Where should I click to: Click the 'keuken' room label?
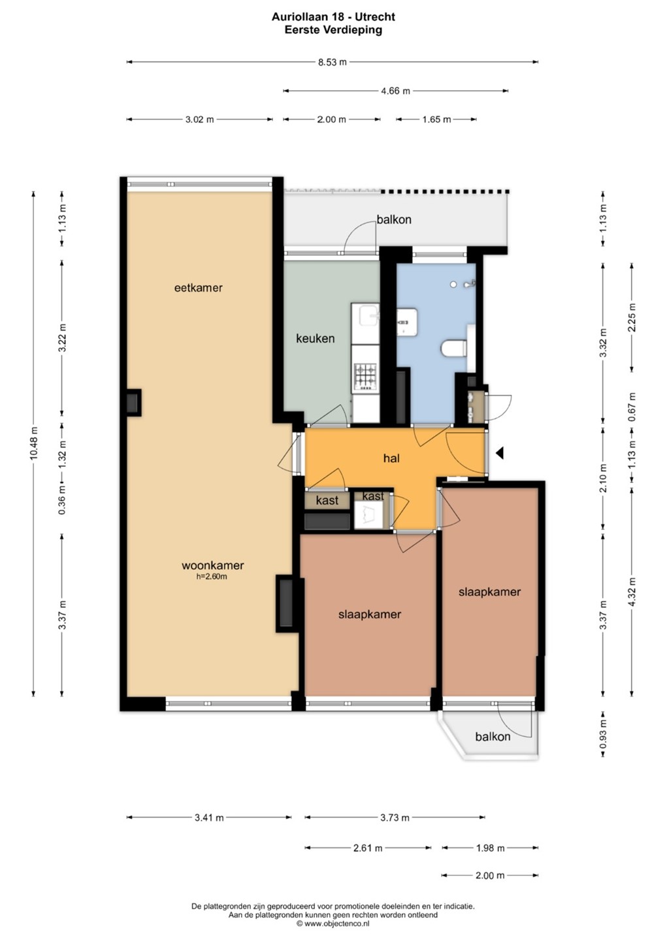(315, 338)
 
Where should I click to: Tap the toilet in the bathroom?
(453, 348)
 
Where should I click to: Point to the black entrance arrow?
(499, 453)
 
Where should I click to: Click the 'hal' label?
(391, 458)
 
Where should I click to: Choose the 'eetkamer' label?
(198, 288)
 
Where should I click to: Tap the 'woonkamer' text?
(212, 565)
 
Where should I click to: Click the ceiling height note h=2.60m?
(212, 576)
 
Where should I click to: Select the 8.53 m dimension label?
(332, 62)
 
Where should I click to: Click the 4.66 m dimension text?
(395, 91)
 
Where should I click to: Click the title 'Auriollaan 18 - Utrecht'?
(333, 17)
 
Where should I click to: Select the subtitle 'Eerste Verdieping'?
(333, 30)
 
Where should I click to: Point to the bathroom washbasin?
(407, 322)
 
